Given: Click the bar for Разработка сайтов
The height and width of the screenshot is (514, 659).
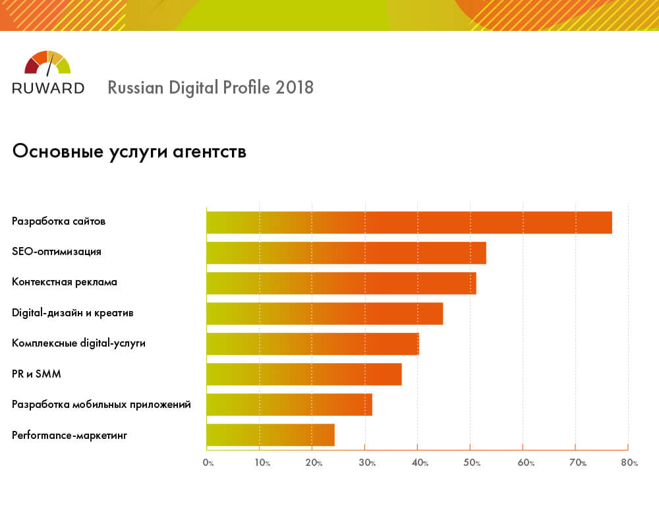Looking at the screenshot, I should click(409, 223).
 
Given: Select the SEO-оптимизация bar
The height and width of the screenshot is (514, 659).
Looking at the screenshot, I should click(346, 253).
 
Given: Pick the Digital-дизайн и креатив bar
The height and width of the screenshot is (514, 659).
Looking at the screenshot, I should click(324, 314).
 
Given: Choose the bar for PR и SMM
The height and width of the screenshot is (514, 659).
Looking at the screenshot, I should click(304, 374).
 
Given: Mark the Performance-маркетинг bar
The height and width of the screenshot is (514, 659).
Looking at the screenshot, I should click(270, 435).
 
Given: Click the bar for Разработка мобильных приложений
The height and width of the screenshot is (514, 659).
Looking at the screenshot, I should click(289, 405).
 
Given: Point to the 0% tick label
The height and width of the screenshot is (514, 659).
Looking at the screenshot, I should click(208, 463).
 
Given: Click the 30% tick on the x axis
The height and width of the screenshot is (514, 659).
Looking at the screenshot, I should click(367, 463).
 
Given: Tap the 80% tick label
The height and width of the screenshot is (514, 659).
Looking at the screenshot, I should click(630, 463).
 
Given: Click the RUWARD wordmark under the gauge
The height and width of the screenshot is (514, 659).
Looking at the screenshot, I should click(48, 88).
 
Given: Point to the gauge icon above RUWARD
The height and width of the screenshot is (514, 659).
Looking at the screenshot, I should click(47, 63).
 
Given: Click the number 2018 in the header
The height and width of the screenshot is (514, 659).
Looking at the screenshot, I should click(294, 88).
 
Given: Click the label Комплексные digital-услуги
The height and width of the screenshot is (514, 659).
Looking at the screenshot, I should click(78, 343).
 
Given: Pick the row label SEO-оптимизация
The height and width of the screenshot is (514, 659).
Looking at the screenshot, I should click(57, 252).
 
